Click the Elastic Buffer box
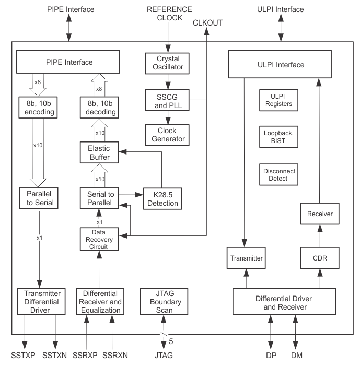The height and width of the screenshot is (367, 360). [99, 152]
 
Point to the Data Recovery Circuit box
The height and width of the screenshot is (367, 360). [99, 239]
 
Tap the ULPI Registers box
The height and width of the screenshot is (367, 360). [277, 100]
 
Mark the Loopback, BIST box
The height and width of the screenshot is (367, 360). [277, 137]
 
